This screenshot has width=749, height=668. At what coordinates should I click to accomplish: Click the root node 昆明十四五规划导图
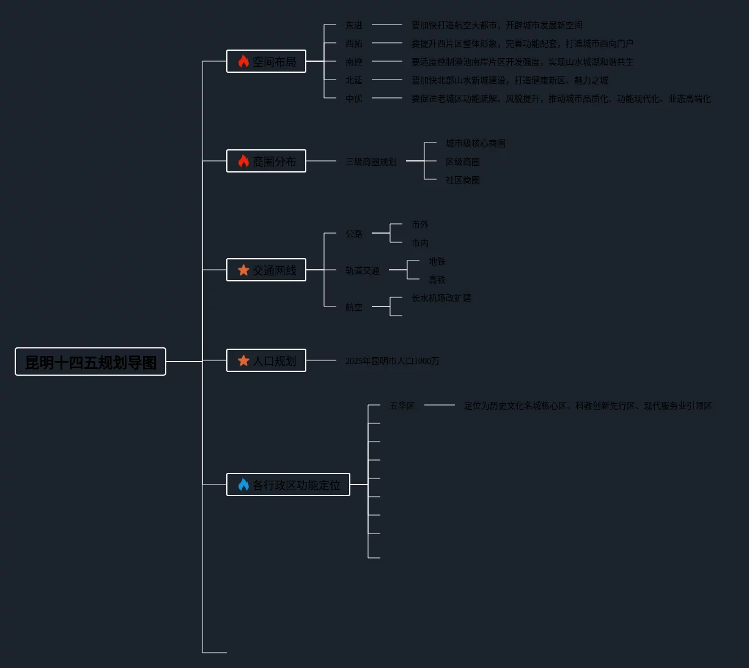(90, 362)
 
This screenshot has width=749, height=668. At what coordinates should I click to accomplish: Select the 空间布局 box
(267, 61)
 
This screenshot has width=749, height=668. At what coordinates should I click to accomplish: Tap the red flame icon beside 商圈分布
(243, 161)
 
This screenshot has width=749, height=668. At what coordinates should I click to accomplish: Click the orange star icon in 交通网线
(243, 270)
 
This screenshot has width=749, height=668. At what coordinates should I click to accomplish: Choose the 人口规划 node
(267, 360)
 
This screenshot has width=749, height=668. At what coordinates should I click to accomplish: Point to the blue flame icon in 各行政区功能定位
(243, 484)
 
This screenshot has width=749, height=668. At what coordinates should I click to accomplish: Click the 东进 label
(354, 25)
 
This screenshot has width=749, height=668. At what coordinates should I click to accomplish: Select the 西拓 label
(354, 43)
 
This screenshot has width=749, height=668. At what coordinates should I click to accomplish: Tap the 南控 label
(354, 62)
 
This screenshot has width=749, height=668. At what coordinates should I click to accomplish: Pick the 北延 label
(354, 80)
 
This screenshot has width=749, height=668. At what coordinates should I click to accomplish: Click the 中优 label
(354, 98)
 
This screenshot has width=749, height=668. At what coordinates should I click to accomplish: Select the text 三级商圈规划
(371, 161)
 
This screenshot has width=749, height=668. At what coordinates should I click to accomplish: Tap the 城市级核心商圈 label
(476, 143)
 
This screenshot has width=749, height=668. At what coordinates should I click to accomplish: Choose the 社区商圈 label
(463, 180)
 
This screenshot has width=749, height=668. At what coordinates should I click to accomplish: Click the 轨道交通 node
(363, 270)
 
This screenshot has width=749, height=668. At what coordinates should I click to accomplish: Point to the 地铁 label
(437, 261)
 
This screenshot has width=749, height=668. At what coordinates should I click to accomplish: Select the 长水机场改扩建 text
(441, 298)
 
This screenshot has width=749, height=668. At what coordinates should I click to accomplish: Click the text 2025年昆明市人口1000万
(393, 361)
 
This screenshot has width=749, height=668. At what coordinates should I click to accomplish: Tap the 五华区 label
(402, 406)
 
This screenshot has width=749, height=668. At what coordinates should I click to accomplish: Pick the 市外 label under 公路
(420, 225)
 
